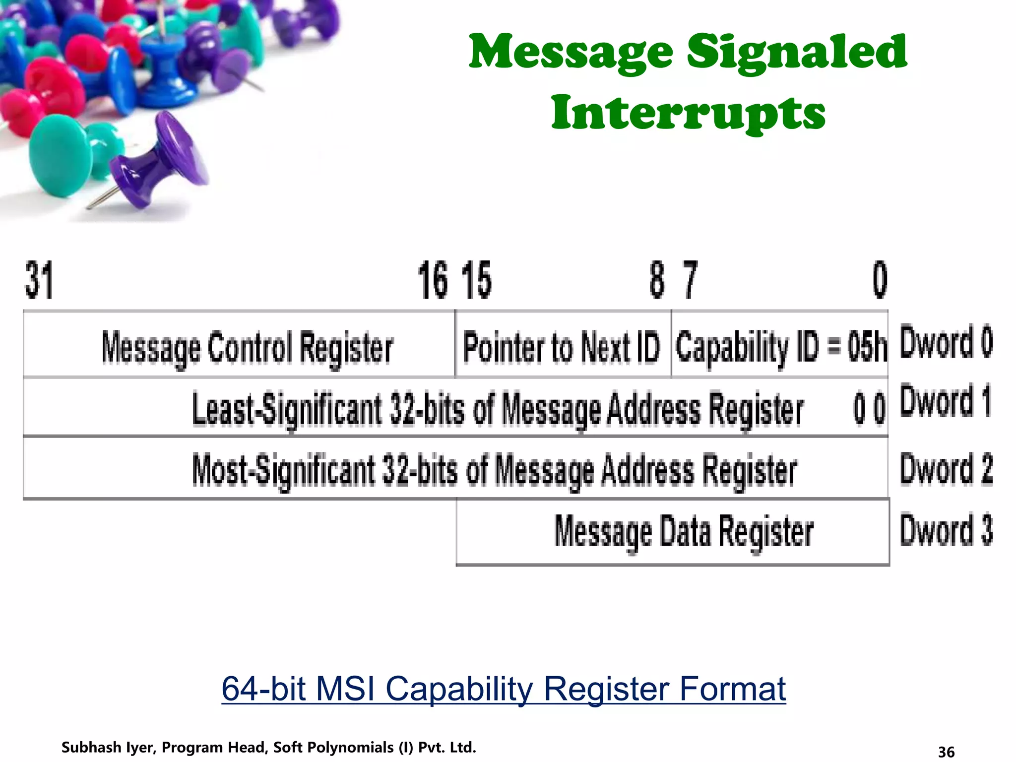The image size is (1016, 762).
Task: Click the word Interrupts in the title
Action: point(688,113)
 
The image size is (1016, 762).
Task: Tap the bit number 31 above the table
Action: point(39,280)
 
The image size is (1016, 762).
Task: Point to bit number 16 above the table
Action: point(433,280)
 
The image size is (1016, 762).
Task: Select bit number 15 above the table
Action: point(476,280)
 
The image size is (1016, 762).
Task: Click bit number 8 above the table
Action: point(657,280)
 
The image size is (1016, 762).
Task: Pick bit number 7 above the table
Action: point(690,280)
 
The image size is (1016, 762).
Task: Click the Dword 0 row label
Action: point(946,342)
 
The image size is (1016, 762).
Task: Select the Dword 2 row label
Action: point(946,469)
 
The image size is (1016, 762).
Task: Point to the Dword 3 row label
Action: point(946,530)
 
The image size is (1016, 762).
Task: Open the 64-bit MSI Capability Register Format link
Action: point(504,689)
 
